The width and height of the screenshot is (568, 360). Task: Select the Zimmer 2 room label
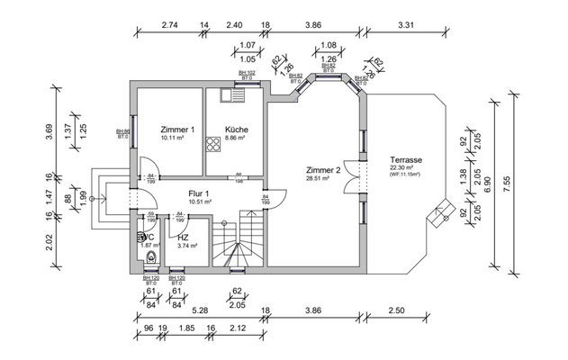322,170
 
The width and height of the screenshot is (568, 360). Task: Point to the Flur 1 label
198,193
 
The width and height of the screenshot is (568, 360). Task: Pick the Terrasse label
406,159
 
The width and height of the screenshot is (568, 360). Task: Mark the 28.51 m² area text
318,179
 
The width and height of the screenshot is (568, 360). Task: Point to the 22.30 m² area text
401,168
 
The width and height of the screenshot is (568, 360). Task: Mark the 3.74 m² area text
187,245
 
